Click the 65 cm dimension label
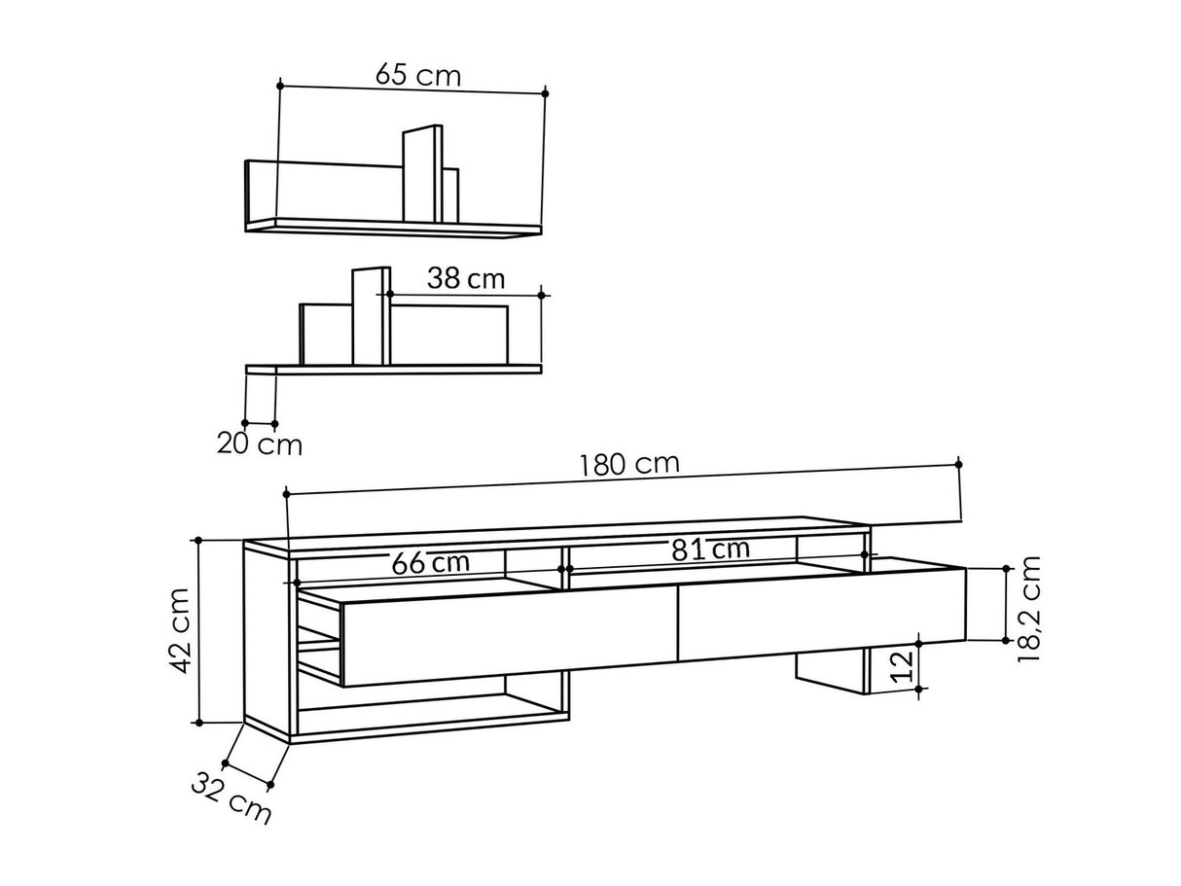(x=418, y=75)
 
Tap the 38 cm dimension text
(x=466, y=279)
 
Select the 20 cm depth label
(x=259, y=445)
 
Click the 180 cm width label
(x=629, y=463)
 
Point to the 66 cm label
(x=430, y=562)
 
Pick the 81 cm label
(x=710, y=549)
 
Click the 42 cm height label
(x=178, y=630)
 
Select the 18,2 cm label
(x=1030, y=609)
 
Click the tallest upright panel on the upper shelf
(x=422, y=175)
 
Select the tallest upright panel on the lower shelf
(x=370, y=317)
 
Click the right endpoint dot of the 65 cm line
(x=545, y=93)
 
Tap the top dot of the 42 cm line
(x=198, y=540)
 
